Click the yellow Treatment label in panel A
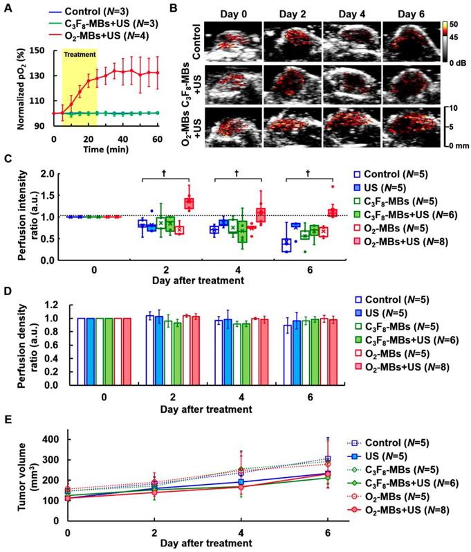coord(79,53)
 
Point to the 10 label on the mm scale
coord(450,109)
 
